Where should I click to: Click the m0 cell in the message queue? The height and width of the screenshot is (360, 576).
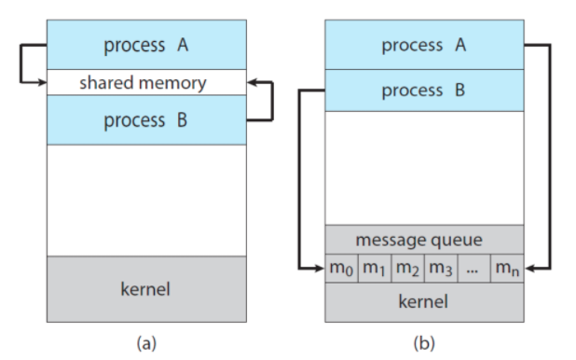pos(342,269)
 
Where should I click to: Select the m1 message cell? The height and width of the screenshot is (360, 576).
pos(375,269)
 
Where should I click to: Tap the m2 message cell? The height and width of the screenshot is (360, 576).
pos(407,269)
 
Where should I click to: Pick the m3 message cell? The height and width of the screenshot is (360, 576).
pos(441,269)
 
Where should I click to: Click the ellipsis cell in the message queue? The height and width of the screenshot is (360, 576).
pos(473,269)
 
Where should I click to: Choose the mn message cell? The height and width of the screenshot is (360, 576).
pos(507,269)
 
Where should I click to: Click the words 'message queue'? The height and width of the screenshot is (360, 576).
pos(418,241)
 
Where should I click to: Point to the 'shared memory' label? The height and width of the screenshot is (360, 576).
pos(143,83)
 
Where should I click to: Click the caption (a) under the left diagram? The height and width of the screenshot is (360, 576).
pos(146,343)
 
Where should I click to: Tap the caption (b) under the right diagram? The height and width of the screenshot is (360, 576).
pos(424,343)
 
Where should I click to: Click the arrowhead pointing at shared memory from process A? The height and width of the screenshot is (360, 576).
pos(42,83)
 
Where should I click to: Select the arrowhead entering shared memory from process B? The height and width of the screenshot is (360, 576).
pos(252,82)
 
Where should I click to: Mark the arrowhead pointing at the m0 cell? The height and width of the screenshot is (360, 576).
pos(320,269)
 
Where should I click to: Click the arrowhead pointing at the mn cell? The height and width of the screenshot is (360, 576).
pos(529,269)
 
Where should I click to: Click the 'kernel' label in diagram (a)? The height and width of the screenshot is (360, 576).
pos(145,289)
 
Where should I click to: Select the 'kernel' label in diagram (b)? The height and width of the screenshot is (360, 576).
pos(423,301)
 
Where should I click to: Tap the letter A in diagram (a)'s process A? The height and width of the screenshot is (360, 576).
pos(183,45)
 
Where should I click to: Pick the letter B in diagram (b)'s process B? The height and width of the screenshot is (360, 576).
pos(460,90)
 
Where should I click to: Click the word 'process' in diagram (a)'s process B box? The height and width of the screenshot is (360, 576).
pos(134,121)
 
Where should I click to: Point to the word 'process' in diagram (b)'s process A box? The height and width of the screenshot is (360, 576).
pos(412,46)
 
